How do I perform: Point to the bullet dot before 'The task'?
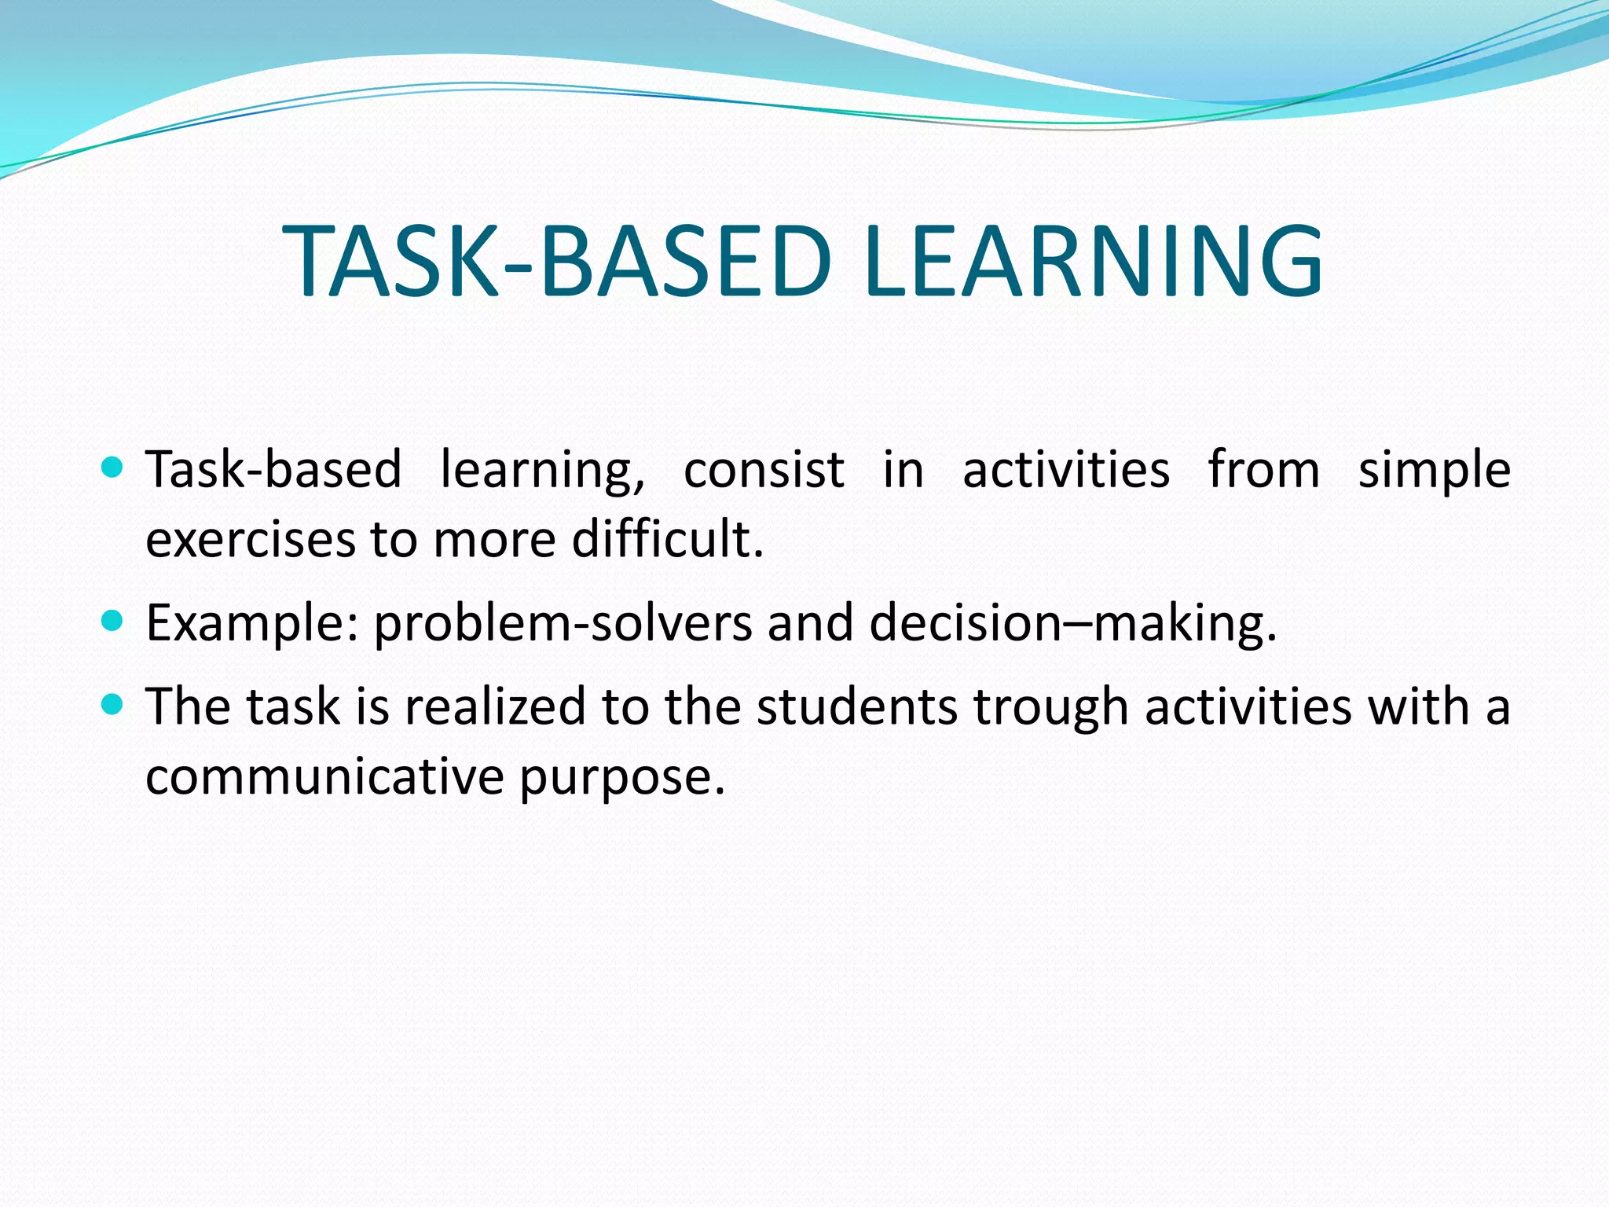click(113, 704)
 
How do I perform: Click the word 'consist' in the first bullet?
click(764, 470)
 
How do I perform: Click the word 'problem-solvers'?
click(563, 623)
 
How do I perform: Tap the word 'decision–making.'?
click(1073, 623)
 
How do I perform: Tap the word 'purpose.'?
click(621, 778)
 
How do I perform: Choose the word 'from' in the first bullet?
click(1263, 470)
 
